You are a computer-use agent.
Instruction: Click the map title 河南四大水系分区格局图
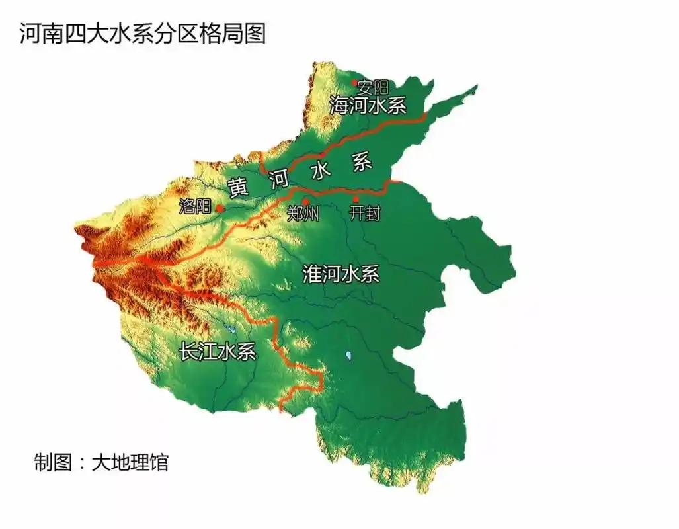point(142,34)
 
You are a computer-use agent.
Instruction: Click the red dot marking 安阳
point(354,83)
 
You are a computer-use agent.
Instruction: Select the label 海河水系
point(368,105)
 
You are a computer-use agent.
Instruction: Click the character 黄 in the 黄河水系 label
point(239,187)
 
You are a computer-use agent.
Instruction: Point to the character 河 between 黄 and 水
point(278,179)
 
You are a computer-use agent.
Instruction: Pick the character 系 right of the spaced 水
point(362,163)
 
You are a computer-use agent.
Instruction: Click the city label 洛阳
point(194,206)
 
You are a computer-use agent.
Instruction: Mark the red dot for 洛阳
point(220,208)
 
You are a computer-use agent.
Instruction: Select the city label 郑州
point(304,214)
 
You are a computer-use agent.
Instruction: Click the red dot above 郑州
point(305,202)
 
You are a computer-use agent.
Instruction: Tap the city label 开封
point(364,213)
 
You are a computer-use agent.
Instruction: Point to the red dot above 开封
point(356,199)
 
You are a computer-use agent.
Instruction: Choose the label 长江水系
point(218,350)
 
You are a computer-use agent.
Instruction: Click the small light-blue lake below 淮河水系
point(348,356)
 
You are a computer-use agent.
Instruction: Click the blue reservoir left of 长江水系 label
point(231,329)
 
